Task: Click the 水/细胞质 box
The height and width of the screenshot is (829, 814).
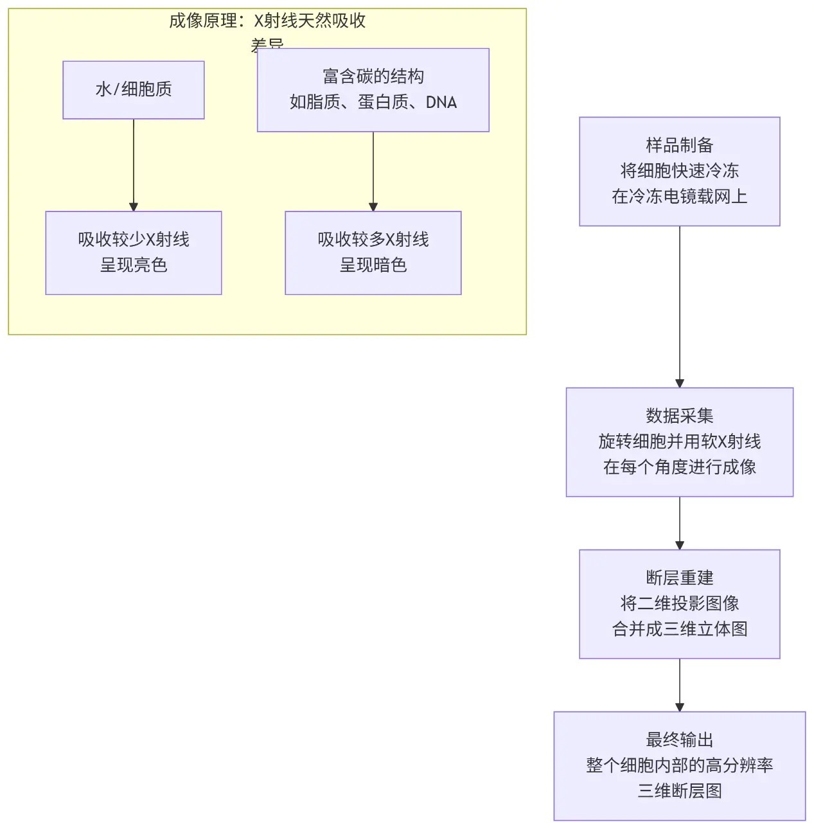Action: pyautogui.click(x=133, y=90)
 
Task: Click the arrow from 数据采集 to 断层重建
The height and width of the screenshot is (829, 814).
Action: pyautogui.click(x=680, y=522)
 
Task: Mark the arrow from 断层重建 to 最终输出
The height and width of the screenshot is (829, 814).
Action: pyautogui.click(x=680, y=684)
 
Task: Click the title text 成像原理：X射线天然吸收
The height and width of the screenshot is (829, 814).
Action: pyautogui.click(x=267, y=21)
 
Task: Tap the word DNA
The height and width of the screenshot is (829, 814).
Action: pyautogui.click(x=441, y=102)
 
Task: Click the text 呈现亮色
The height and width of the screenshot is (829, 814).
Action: pyautogui.click(x=133, y=265)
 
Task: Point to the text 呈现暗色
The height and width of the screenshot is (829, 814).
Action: pyautogui.click(x=373, y=265)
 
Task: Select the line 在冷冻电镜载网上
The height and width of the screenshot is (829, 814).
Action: pyautogui.click(x=679, y=197)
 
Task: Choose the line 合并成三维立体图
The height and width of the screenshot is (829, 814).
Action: pyautogui.click(x=679, y=629)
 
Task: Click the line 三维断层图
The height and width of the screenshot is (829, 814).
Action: pyautogui.click(x=679, y=791)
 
